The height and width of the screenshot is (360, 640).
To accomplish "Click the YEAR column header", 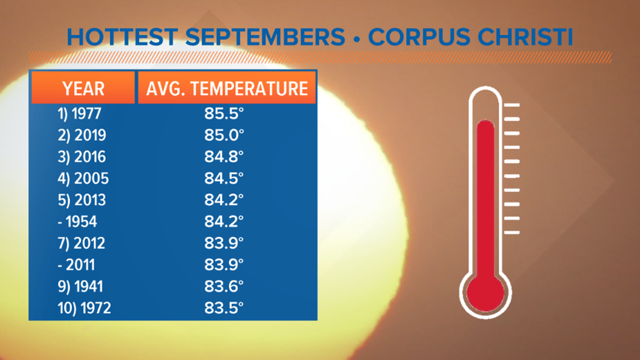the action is point(83,89).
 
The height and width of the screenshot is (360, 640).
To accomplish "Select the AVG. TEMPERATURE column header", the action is point(227,89).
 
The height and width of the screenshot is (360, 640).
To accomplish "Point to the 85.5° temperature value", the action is point(224,113).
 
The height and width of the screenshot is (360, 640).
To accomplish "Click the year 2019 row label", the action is point(81,135).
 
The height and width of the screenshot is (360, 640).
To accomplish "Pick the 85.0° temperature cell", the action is point(224,135).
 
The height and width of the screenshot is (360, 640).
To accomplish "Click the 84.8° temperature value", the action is point(224,157).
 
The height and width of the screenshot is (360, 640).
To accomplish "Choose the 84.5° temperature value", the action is point(224,179).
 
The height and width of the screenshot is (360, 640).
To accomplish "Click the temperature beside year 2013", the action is point(224,200).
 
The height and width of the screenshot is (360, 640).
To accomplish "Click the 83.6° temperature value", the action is point(224,286).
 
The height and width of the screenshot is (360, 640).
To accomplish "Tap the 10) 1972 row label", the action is point(84,308).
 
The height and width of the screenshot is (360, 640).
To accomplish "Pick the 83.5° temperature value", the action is point(224,308).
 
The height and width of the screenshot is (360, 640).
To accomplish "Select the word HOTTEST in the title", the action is point(122,37).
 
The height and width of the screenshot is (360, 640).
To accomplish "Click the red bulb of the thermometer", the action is point(485,293).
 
